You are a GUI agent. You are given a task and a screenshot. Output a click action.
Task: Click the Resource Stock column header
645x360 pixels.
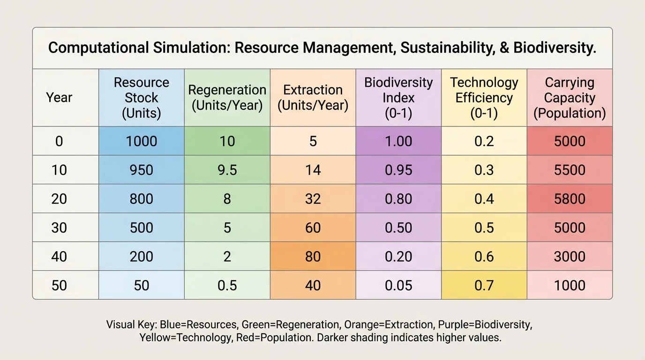(x=141, y=97)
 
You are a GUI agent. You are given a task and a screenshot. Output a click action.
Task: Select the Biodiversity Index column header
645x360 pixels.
(x=398, y=97)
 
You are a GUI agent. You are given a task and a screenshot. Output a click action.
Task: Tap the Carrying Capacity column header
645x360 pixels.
(x=570, y=97)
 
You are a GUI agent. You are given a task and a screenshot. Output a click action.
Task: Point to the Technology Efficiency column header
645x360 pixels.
(x=484, y=97)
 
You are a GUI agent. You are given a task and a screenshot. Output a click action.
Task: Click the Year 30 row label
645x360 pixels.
(x=59, y=228)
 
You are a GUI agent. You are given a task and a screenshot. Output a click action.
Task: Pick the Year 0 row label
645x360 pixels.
(x=59, y=141)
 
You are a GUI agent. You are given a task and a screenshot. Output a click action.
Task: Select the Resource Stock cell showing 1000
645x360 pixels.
(x=141, y=141)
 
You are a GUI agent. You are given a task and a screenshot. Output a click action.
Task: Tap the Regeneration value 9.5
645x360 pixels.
(x=227, y=170)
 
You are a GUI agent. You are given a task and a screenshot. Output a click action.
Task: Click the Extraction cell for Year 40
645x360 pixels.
(x=313, y=257)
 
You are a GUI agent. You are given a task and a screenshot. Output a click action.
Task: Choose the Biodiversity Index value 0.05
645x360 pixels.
(x=398, y=285)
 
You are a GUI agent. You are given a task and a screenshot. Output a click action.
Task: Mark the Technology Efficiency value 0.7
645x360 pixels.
(x=484, y=285)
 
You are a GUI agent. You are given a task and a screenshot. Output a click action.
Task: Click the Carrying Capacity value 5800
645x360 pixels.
(x=570, y=199)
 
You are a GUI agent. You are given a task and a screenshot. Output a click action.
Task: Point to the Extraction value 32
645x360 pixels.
(x=313, y=199)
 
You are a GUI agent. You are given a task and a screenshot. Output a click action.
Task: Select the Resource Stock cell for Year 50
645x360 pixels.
(x=141, y=285)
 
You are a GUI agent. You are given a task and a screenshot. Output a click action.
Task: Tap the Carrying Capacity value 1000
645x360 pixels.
(x=570, y=285)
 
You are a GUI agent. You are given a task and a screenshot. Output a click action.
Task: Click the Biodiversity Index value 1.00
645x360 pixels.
(x=398, y=141)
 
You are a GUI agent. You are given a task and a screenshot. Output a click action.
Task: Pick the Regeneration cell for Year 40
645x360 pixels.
(x=227, y=257)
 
